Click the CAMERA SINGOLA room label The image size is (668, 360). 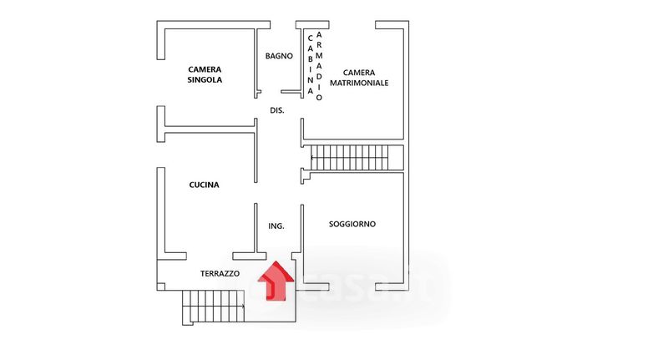[x=205, y=75]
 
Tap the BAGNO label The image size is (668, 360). [x=279, y=56]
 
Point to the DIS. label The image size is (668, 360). [x=277, y=110]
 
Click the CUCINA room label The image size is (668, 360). [x=204, y=185]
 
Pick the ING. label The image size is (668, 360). [x=276, y=226]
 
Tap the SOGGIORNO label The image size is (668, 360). [x=352, y=224]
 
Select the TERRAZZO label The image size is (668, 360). [x=220, y=273]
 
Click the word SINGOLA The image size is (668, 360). [x=205, y=81]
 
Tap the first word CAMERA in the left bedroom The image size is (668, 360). [x=205, y=69]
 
